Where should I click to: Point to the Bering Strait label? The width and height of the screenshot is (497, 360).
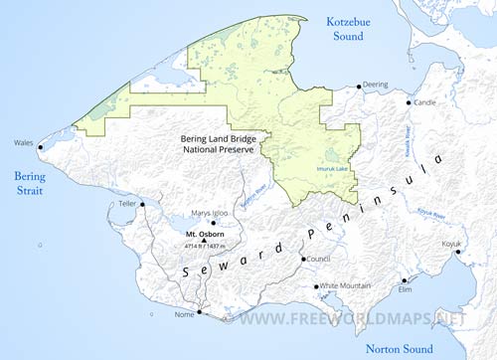click(x=23, y=184)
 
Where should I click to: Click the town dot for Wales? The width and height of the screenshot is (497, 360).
click(x=41, y=147)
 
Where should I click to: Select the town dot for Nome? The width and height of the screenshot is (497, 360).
click(x=199, y=312)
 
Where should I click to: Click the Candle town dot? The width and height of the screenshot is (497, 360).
click(x=407, y=102)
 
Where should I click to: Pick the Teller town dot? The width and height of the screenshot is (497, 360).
click(x=142, y=204)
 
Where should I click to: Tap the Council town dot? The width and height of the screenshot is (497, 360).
click(x=303, y=260)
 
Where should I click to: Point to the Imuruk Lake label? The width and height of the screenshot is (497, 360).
click(x=333, y=168)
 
